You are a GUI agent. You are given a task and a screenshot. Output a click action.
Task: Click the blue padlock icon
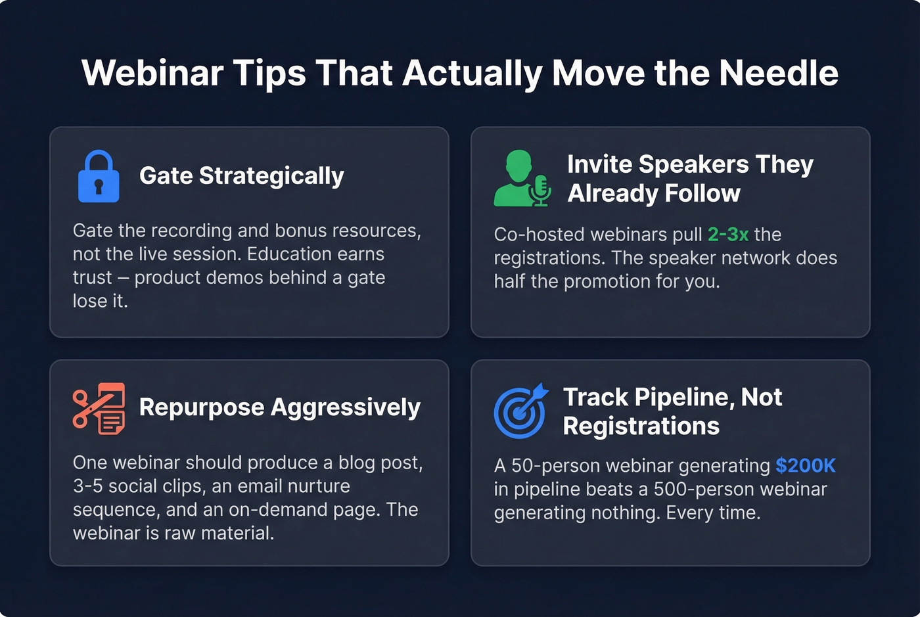99,176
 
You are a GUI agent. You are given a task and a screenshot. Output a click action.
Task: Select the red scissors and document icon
99,408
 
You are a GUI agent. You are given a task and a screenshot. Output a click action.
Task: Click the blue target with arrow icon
520,411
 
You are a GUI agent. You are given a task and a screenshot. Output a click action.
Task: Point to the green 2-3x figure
727,235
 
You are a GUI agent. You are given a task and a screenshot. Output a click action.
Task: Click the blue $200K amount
805,466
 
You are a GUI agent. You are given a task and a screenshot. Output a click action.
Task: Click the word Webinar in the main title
152,73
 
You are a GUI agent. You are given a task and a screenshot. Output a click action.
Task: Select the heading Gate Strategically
241,176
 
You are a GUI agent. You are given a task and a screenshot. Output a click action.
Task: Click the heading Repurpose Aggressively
279,407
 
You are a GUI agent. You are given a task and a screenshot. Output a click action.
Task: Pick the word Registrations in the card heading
641,426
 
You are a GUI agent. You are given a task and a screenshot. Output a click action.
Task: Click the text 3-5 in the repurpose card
87,486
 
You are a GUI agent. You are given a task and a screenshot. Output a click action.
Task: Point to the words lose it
100,301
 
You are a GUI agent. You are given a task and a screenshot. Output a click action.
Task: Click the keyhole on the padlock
99,186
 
